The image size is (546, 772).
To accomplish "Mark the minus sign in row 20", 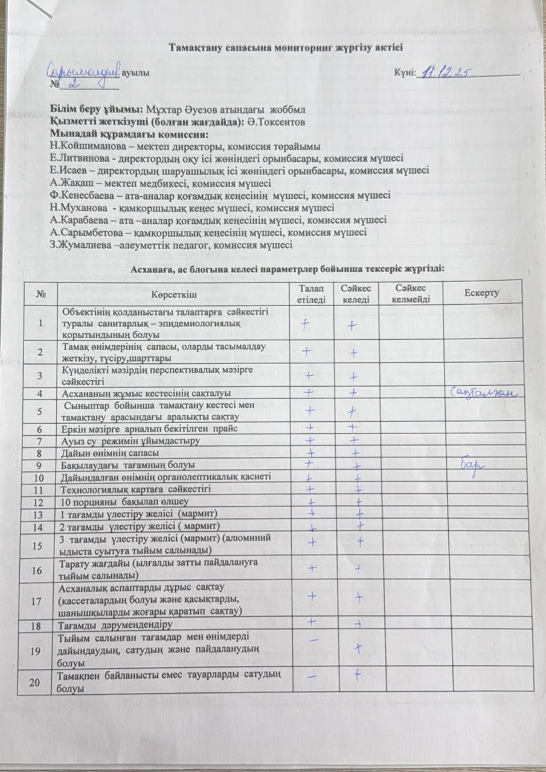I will [312, 677].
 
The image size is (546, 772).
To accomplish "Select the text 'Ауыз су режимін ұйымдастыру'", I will [127, 441].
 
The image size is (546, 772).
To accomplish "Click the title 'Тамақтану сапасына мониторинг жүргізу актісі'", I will [285, 46].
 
